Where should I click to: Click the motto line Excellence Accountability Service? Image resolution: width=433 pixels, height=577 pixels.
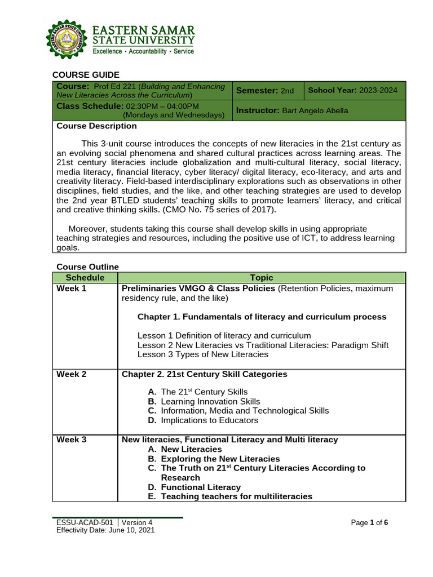click(x=143, y=51)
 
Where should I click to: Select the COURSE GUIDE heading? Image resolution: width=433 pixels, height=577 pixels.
click(x=86, y=75)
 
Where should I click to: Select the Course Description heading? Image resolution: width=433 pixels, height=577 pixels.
click(x=96, y=126)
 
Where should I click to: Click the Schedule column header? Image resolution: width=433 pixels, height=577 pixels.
click(x=85, y=277)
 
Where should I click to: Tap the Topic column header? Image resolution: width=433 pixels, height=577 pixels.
click(x=262, y=277)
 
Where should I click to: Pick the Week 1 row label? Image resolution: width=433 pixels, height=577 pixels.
click(x=72, y=288)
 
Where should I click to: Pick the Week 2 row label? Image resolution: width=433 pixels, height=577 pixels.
click(x=72, y=374)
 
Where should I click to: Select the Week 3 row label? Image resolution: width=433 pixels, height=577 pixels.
click(x=72, y=440)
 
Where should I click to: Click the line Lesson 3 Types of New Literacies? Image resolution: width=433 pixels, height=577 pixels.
click(x=203, y=354)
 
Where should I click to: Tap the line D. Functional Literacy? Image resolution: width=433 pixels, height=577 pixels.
click(x=194, y=487)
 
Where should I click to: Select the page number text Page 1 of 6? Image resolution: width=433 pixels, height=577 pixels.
click(x=369, y=523)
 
